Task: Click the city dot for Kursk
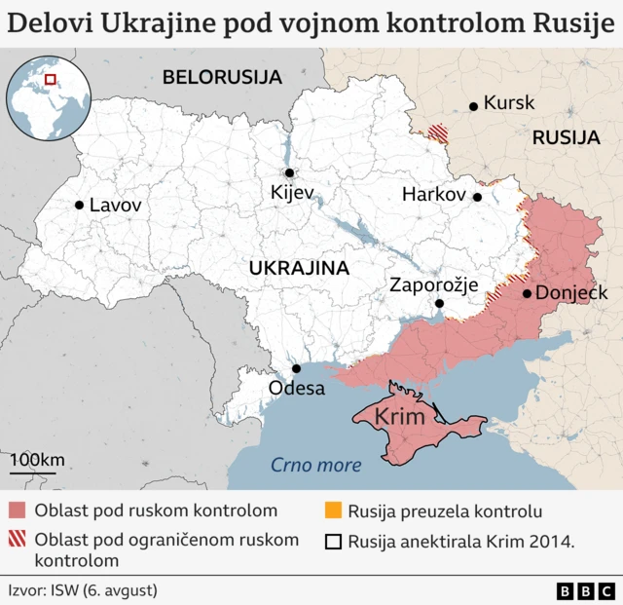click(x=473, y=105)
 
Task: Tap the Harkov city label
click(x=433, y=195)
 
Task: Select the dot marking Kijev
click(x=285, y=172)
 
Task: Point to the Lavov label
click(x=115, y=206)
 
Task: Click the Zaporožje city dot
click(x=439, y=304)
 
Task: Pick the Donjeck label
click(x=572, y=293)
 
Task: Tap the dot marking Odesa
click(x=297, y=368)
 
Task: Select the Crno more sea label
click(x=315, y=465)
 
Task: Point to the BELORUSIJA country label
click(x=222, y=77)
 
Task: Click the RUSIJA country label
click(x=566, y=138)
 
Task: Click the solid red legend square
click(x=18, y=511)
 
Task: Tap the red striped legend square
click(x=18, y=540)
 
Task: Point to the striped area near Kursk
click(x=440, y=132)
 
